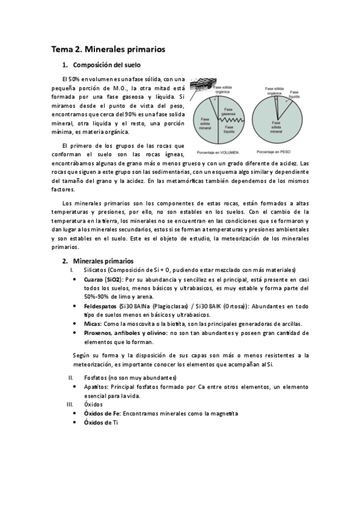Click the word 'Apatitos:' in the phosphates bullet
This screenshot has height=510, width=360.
coord(96,386)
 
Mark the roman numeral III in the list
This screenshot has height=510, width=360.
coord(69,405)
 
